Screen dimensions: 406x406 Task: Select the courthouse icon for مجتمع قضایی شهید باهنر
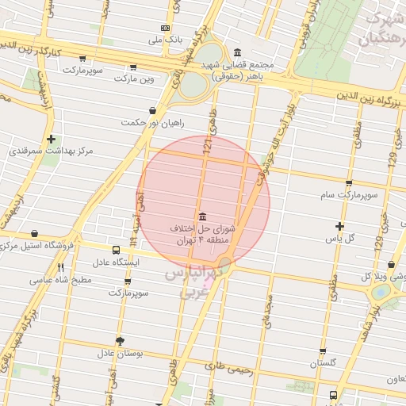tap(238, 52)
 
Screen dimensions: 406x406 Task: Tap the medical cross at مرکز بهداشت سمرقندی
tap(52, 139)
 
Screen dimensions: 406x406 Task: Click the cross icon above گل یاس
tap(340, 226)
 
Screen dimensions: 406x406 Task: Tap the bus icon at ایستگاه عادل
tap(116, 251)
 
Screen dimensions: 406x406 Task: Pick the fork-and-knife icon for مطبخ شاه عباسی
tap(61, 267)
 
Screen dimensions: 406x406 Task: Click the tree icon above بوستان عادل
tap(120, 341)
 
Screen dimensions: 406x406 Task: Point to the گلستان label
tap(324, 362)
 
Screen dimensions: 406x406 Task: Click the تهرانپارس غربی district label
tap(190, 283)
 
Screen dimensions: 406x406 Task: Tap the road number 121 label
tap(208, 146)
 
